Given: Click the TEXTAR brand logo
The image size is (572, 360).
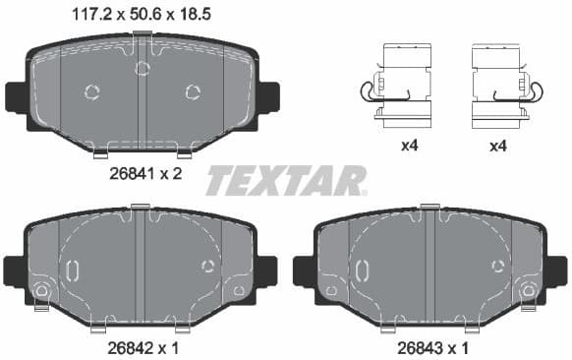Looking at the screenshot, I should tap(286, 181).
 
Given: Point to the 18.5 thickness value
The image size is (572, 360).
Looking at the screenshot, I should tap(196, 15).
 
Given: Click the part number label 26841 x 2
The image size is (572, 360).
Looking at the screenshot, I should tap(143, 174).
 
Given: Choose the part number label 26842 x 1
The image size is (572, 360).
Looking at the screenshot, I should tap(143, 347).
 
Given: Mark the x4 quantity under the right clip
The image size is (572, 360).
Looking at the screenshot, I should tap(498, 146).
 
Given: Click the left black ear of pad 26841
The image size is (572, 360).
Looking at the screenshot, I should tap(17, 96).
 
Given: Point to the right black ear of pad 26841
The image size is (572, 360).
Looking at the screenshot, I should tap(268, 96).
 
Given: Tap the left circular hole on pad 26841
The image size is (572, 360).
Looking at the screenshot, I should tap(93, 92).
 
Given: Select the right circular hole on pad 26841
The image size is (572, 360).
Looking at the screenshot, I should tap(193, 92).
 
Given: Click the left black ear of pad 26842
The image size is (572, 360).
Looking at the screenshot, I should tap(14, 269).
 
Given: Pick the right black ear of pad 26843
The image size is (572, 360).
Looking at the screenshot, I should tap(557, 269).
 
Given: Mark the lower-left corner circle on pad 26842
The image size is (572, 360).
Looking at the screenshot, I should tap(41, 291).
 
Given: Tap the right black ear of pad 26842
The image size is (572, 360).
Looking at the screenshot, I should tap(265, 269).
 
